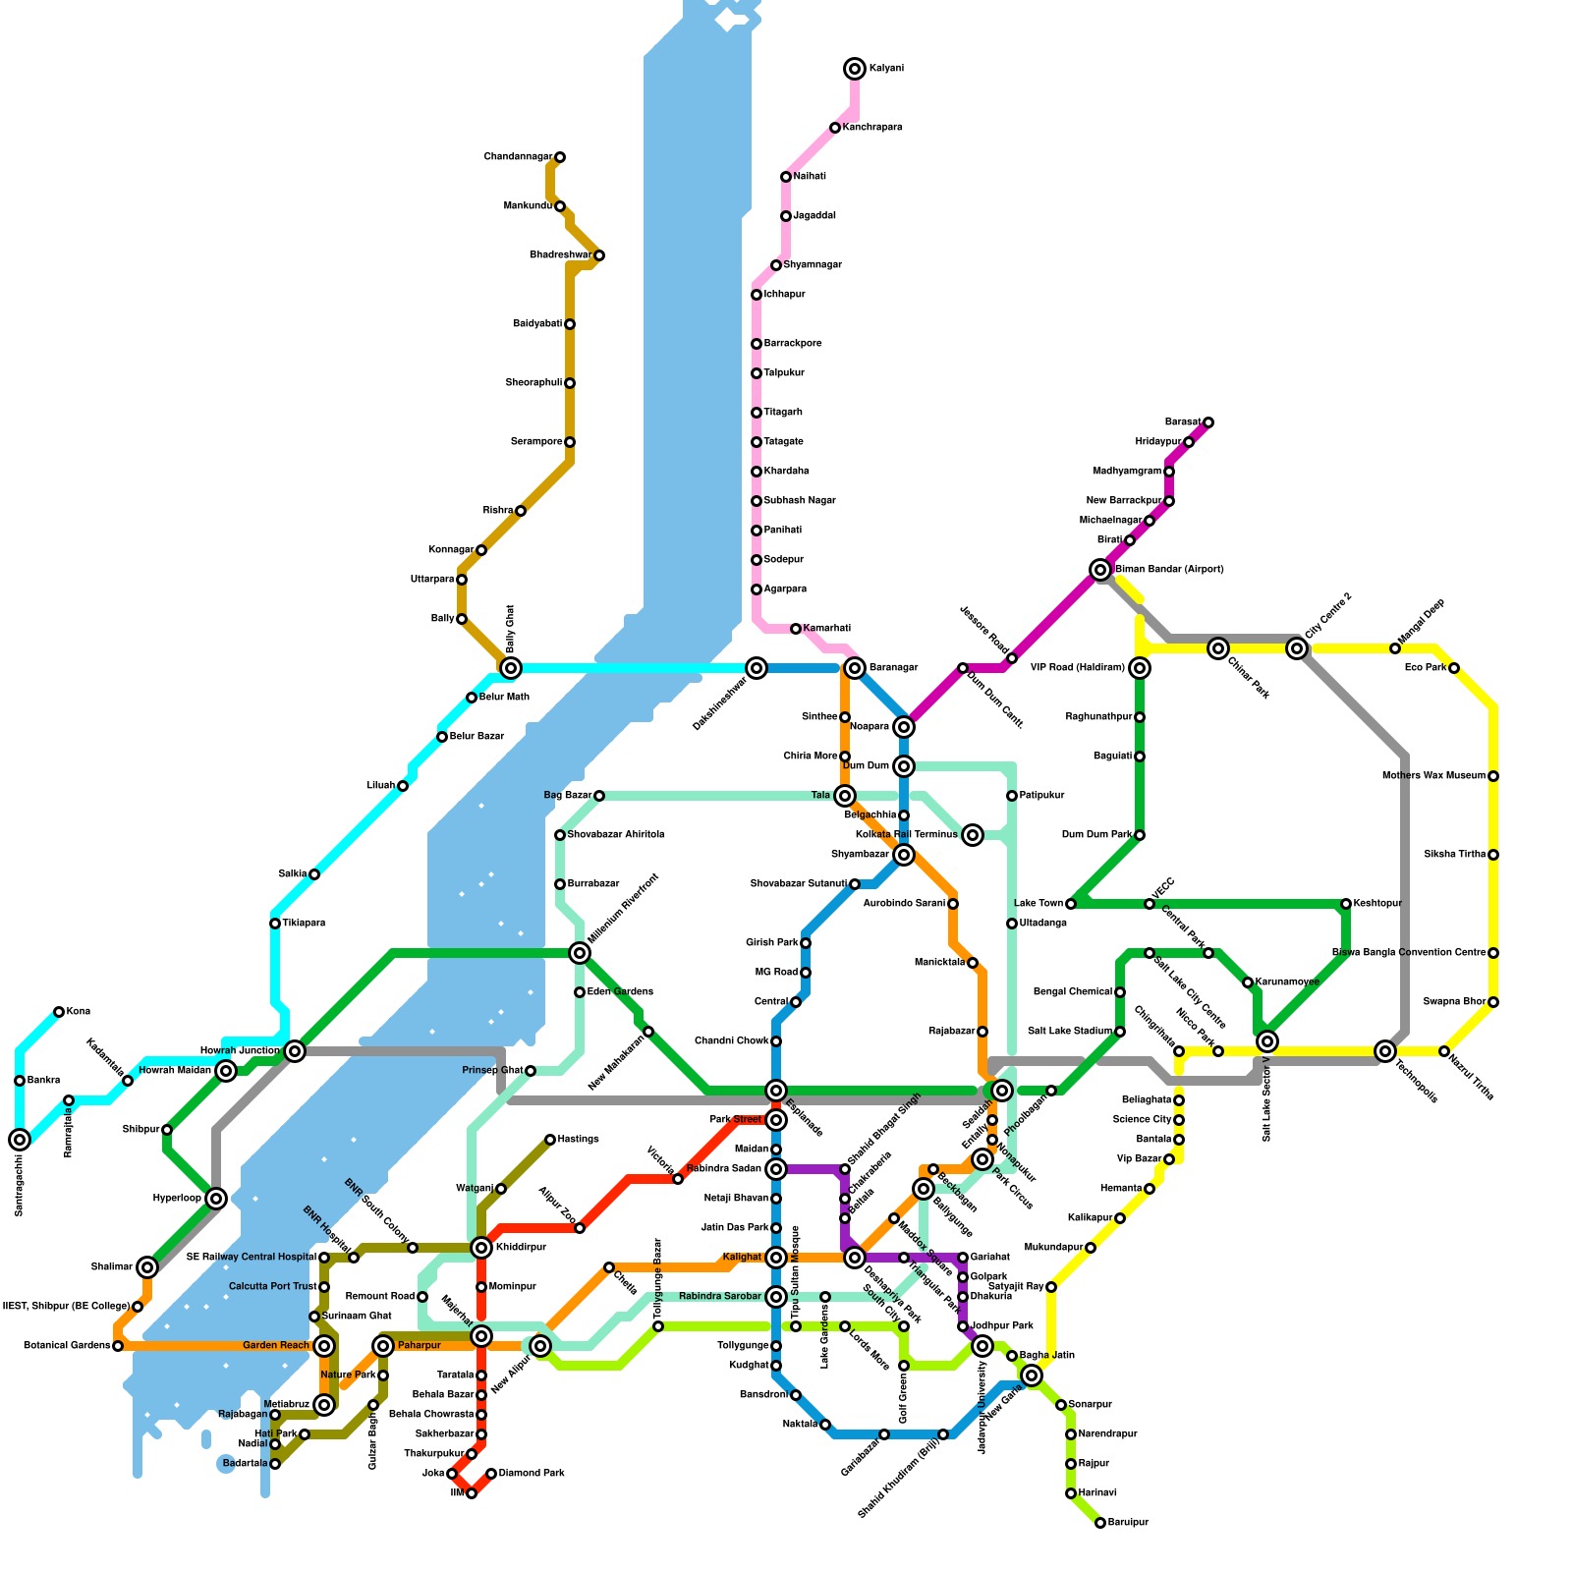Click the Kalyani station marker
[855, 69]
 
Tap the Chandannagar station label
[518, 157]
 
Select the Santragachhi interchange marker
[20, 1140]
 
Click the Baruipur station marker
[1100, 1523]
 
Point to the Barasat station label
[1182, 422]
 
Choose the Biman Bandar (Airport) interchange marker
[1100, 570]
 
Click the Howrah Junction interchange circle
[295, 1051]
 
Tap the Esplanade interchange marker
[776, 1091]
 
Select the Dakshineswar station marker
[757, 668]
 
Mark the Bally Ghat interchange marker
[511, 668]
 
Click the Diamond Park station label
[531, 1474]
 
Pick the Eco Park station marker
[1454, 668]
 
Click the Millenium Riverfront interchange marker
[580, 953]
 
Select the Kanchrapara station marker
[835, 128]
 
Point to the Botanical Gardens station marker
[118, 1346]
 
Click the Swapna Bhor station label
[1454, 1002]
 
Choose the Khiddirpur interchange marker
[481, 1248]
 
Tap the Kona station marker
[59, 1012]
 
